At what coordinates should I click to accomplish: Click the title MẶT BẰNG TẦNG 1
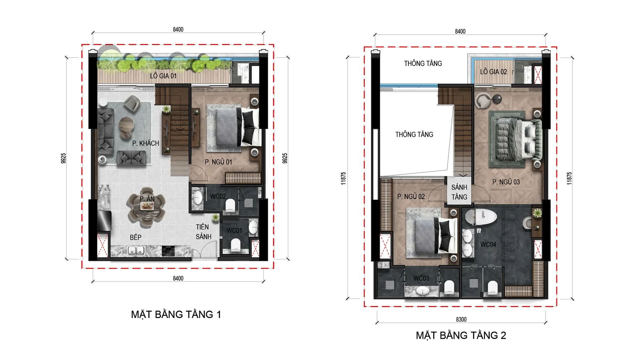[x=176, y=315]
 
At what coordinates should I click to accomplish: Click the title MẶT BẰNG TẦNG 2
[x=461, y=335]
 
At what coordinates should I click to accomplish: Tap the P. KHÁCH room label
[x=145, y=143]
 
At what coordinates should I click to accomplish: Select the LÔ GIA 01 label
[x=163, y=76]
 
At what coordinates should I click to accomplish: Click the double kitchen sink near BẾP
[x=136, y=251]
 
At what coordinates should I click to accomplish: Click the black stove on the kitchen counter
[x=168, y=251]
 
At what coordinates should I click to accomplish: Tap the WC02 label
[x=218, y=196]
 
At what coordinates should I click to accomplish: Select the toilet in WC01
[x=236, y=245]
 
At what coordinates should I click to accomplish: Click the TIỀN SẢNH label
[x=203, y=232]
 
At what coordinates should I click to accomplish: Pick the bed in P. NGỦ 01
[x=233, y=128]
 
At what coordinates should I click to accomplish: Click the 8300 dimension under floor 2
[x=461, y=319]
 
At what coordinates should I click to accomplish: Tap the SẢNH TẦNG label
[x=459, y=192]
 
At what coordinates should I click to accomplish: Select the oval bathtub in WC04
[x=481, y=217]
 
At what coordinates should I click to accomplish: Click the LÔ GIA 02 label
[x=493, y=72]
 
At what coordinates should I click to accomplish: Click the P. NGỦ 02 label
[x=411, y=197]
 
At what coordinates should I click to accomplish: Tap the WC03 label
[x=421, y=278]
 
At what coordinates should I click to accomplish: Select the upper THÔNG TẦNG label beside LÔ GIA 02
[x=423, y=64]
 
